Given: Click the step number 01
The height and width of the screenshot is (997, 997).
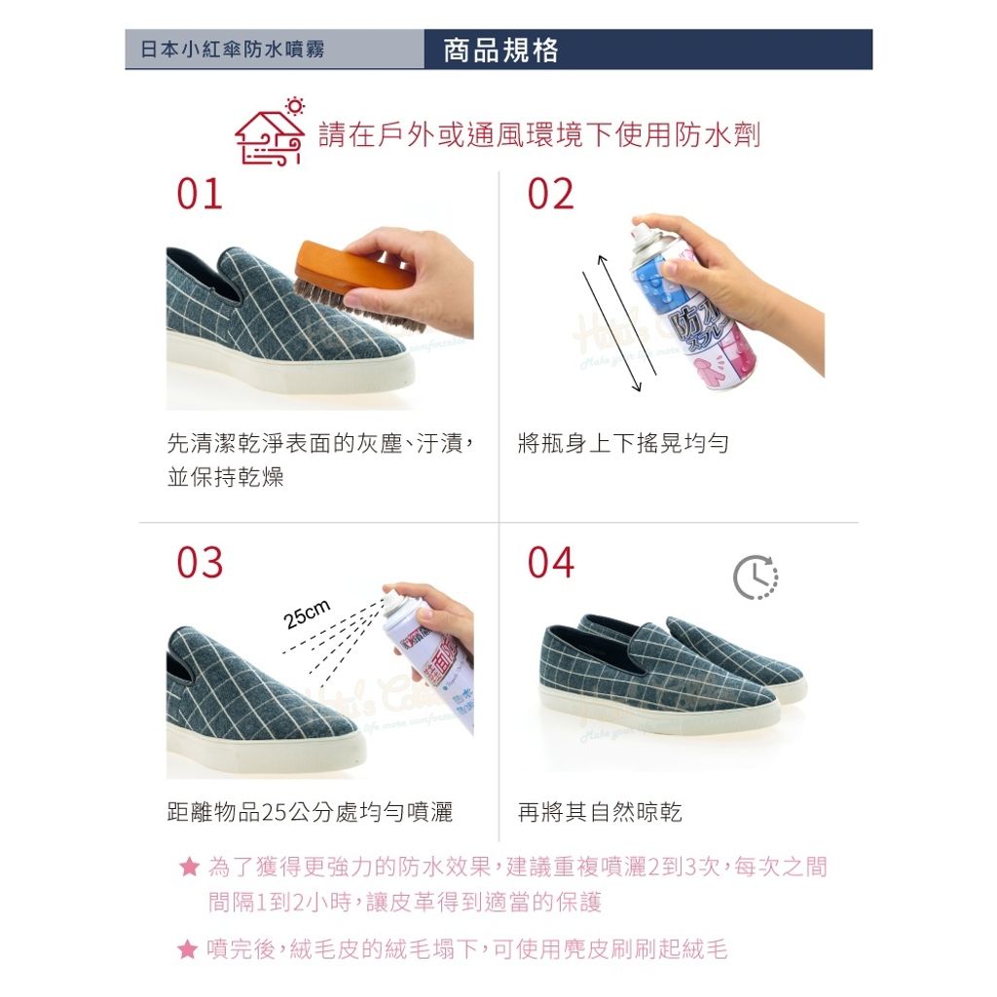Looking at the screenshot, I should [x=200, y=195].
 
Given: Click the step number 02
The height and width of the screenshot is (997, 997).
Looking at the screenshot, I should [x=550, y=195].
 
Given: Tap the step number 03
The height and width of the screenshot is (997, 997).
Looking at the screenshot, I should [x=200, y=563].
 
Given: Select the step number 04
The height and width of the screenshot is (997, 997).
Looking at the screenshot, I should [x=550, y=563].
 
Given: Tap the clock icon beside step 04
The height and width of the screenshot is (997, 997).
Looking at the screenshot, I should [x=756, y=577].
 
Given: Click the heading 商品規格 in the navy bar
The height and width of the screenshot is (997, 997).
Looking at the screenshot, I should [x=500, y=50].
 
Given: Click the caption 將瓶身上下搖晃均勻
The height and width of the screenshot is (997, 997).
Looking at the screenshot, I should [x=623, y=444].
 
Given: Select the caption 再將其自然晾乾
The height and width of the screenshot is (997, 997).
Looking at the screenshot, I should [x=600, y=812].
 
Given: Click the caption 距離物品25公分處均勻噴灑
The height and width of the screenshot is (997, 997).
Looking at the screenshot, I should [x=310, y=812].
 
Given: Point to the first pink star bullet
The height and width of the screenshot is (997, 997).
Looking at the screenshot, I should [x=189, y=867].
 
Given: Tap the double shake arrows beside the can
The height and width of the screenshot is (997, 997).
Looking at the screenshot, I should [x=612, y=323].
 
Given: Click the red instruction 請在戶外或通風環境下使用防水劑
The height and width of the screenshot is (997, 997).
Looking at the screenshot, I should [x=539, y=134].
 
